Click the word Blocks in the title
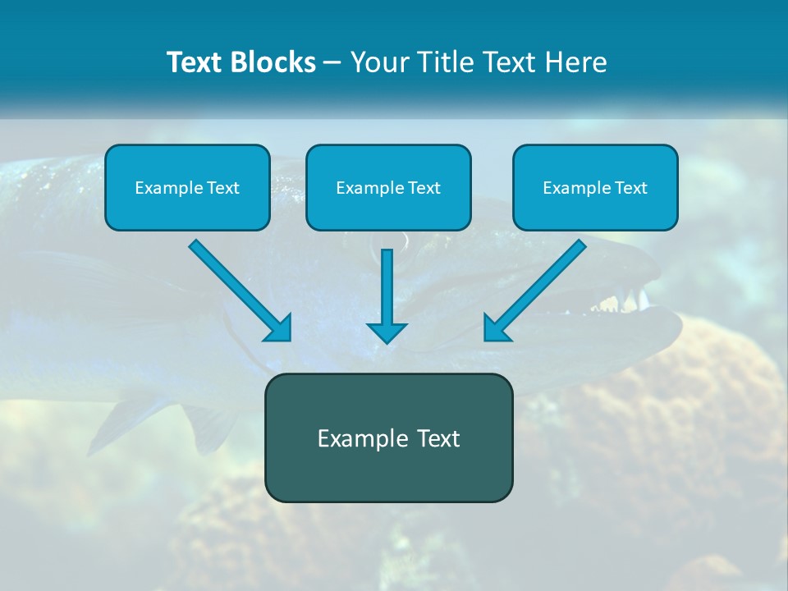tap(274, 62)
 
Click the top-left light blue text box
tap(187, 187)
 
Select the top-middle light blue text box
tap(388, 187)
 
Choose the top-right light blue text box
tap(595, 187)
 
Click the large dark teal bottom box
tap(388, 438)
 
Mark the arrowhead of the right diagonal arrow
tap(497, 327)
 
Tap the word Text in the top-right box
tap(630, 188)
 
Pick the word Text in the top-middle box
tap(424, 188)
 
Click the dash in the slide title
tap(332, 63)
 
